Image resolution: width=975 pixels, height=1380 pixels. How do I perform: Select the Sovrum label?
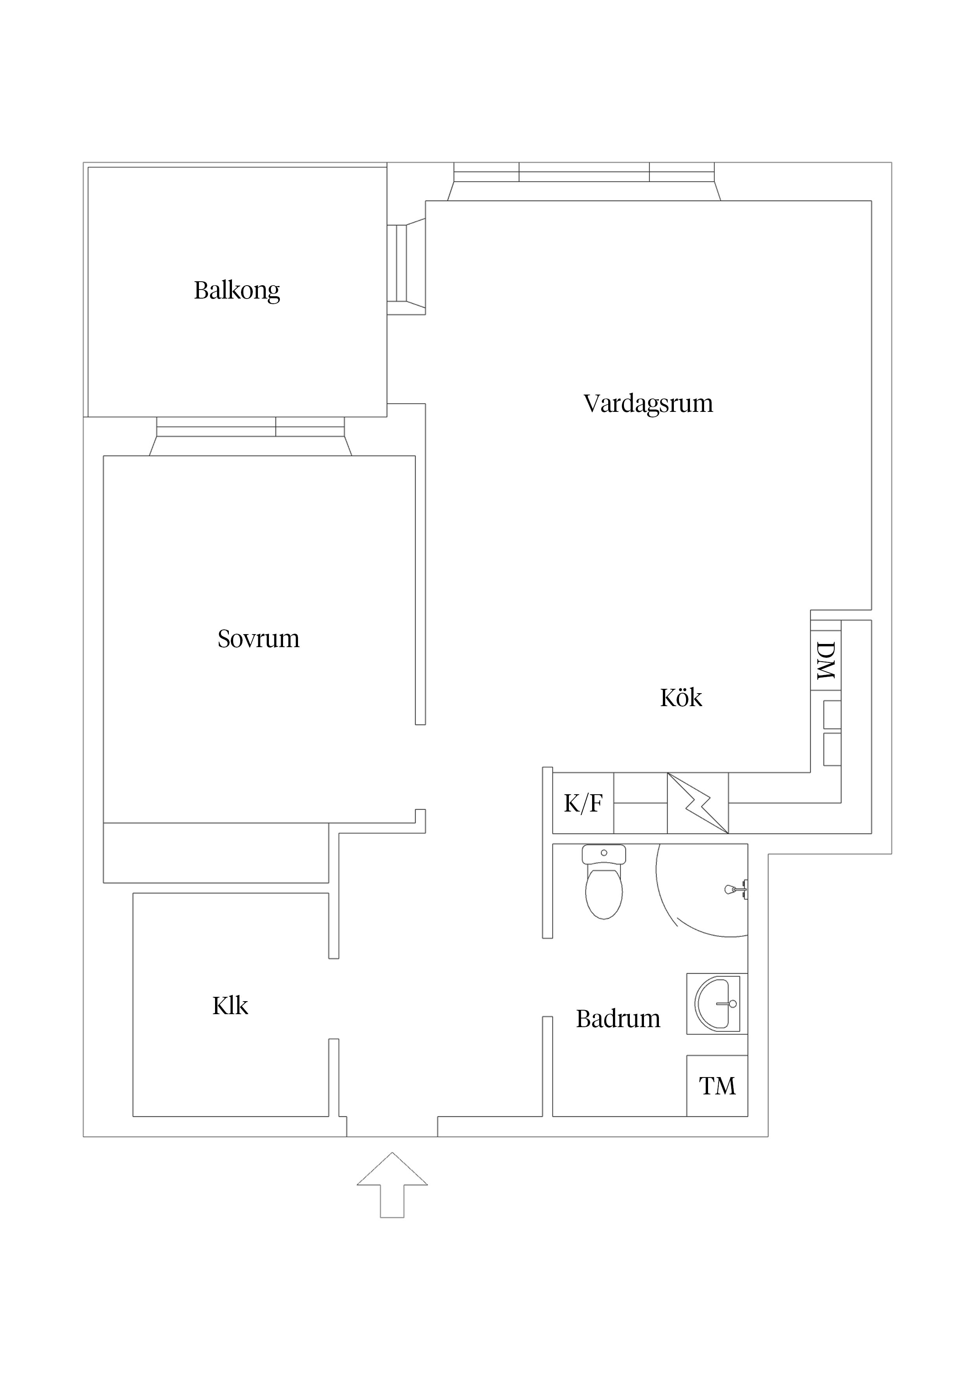258,638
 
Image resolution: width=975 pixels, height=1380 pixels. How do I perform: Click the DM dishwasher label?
826,660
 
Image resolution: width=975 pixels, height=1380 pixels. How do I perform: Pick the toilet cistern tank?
604,854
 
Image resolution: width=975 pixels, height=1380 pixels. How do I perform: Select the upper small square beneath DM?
832,715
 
